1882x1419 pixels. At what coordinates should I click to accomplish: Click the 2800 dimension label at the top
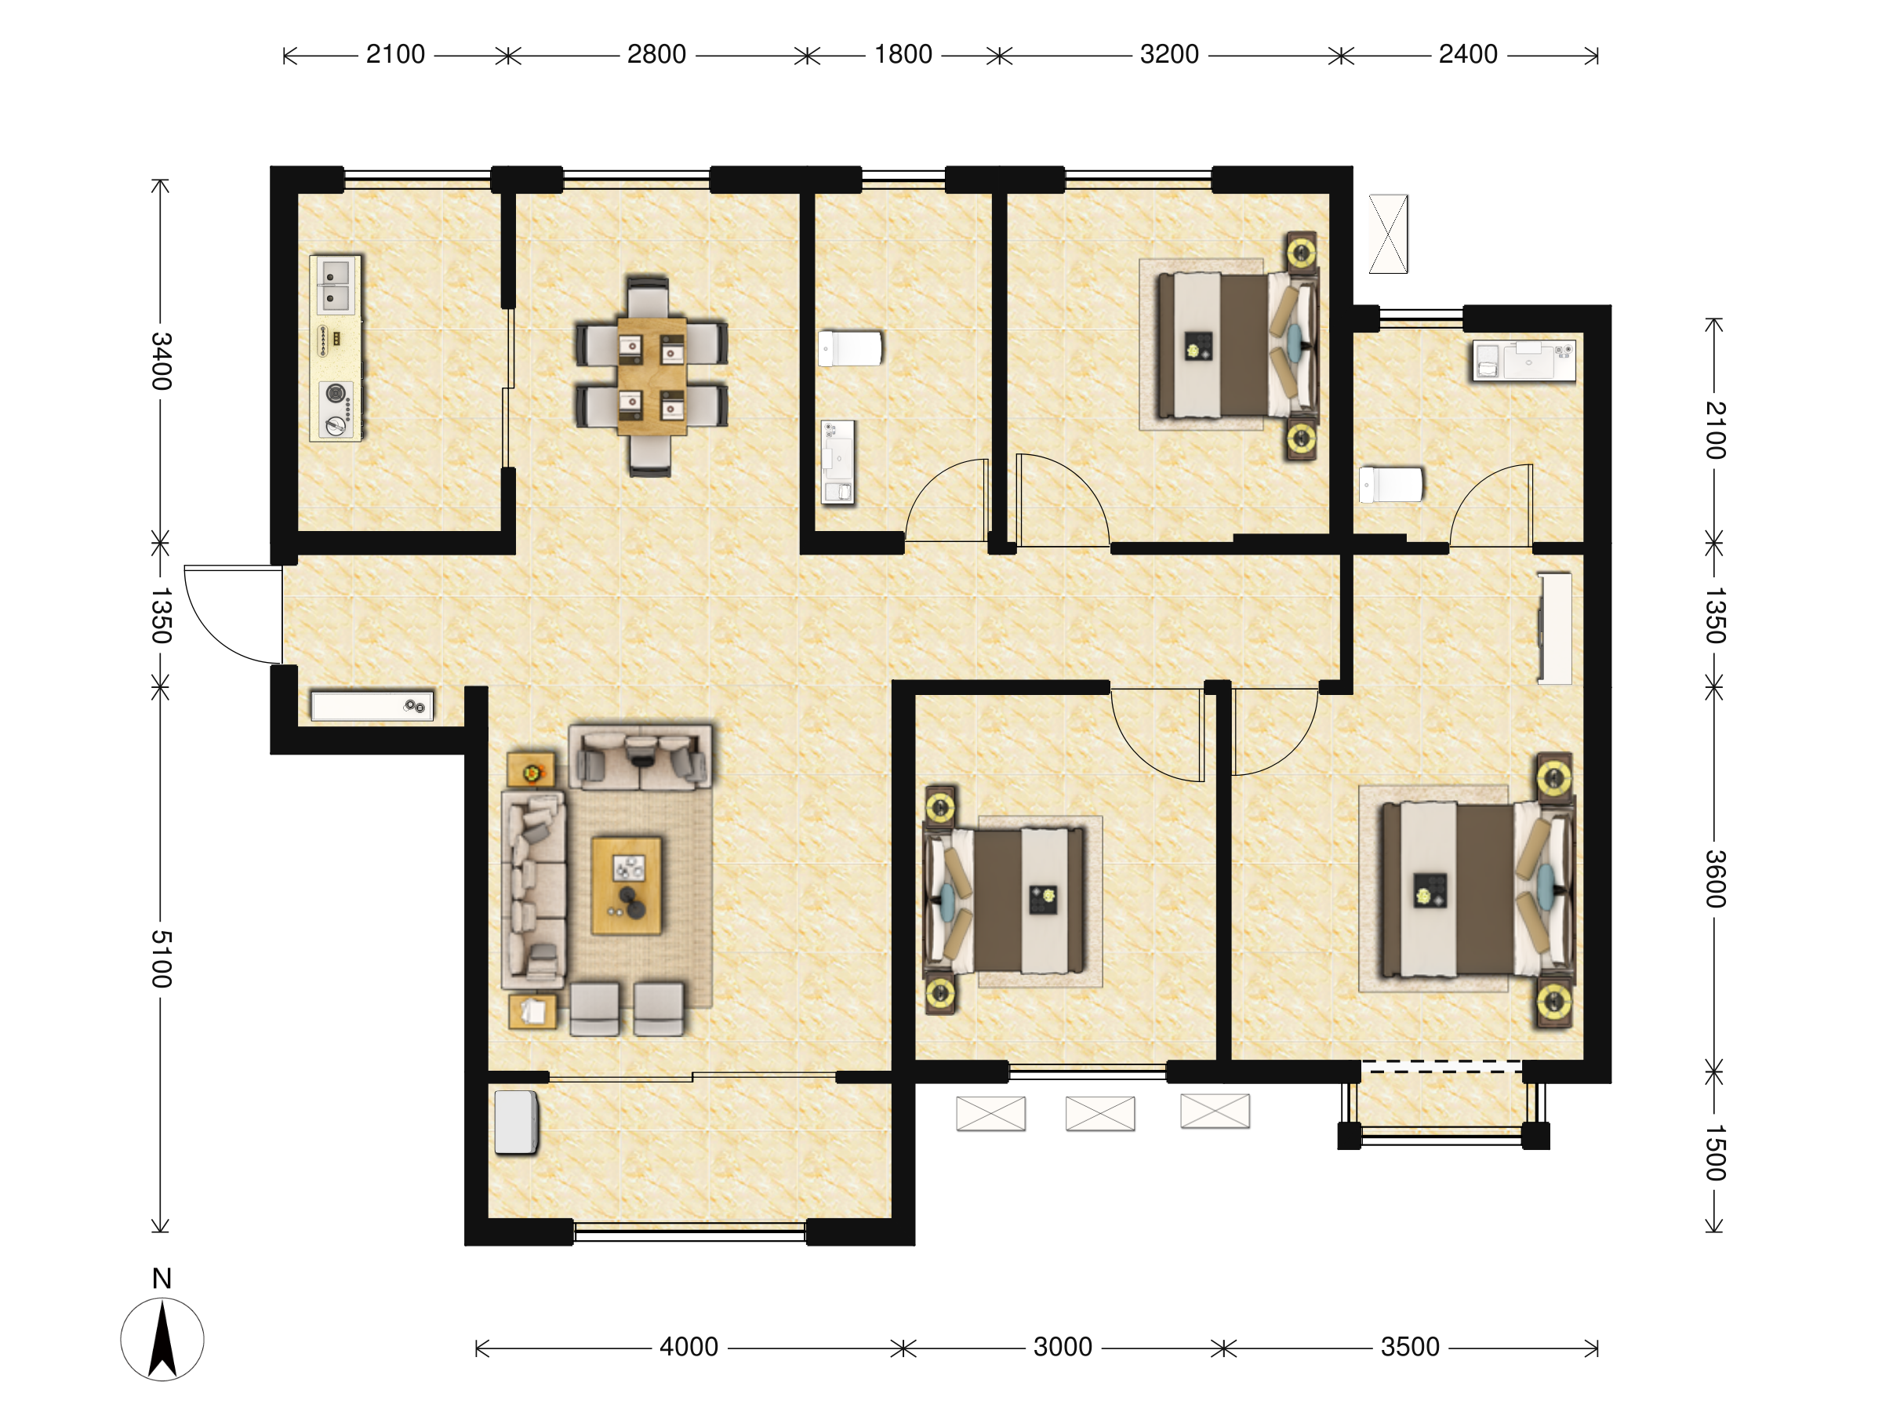click(656, 54)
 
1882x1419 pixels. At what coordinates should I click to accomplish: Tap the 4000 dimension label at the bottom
click(688, 1347)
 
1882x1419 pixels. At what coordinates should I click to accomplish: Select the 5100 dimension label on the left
click(161, 959)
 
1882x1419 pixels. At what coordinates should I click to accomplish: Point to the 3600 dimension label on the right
click(1714, 879)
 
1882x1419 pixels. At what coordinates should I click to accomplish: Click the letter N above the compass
click(162, 1279)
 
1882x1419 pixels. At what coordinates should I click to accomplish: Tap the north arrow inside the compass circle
click(162, 1339)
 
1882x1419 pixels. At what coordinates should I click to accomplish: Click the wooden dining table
click(652, 377)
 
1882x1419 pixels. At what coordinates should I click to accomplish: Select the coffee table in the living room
click(627, 886)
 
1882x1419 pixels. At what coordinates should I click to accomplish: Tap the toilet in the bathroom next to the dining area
click(850, 348)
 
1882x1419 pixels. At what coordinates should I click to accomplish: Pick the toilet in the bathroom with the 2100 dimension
click(1391, 484)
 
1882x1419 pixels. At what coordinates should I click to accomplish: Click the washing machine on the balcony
click(517, 1122)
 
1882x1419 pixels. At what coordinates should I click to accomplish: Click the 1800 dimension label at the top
click(903, 54)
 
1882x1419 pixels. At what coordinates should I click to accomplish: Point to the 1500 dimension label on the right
click(1714, 1152)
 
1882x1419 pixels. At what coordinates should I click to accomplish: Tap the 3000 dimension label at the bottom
click(1063, 1347)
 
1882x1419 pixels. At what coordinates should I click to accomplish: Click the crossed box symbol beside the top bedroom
click(1389, 234)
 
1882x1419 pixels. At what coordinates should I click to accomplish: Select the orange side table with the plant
click(531, 770)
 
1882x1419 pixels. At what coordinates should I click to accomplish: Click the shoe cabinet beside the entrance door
click(372, 706)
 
